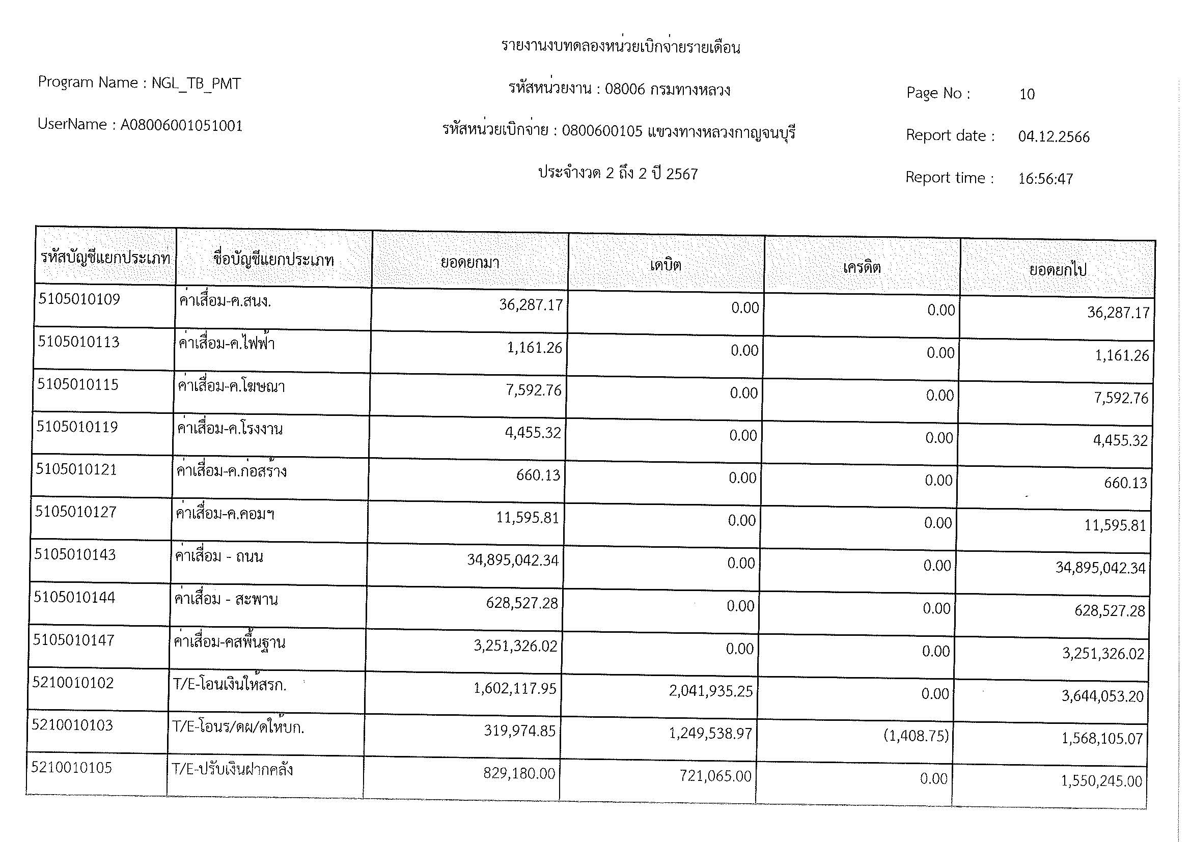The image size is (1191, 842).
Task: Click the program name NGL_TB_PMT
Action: [x=196, y=83]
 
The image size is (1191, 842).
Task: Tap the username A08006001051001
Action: [x=182, y=126]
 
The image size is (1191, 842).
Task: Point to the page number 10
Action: [x=1027, y=94]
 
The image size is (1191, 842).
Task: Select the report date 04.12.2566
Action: [x=1054, y=137]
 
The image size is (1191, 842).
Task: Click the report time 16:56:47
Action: [x=1045, y=179]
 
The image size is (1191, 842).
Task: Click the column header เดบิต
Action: [x=665, y=265]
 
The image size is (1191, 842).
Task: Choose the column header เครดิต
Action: [x=861, y=268]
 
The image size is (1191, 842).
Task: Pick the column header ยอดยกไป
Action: [x=1057, y=270]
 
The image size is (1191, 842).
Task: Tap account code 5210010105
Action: [x=72, y=768]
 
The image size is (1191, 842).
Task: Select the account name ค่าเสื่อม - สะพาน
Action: [x=226, y=600]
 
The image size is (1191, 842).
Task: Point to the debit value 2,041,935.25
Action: [x=710, y=691]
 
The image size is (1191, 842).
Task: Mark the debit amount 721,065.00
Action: [x=715, y=776]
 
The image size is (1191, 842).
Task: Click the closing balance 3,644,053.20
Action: [x=1102, y=696]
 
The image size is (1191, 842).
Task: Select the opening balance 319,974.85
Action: [x=519, y=731]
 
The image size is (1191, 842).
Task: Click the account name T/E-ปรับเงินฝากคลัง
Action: [x=232, y=770]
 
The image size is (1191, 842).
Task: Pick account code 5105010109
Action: [x=79, y=300]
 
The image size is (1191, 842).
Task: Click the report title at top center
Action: [x=620, y=47]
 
